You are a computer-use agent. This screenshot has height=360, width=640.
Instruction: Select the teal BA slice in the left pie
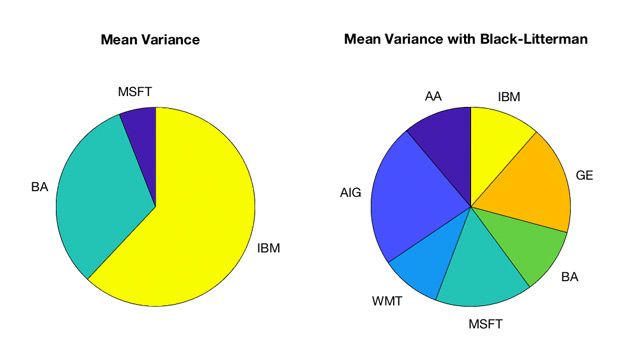[x=100, y=200]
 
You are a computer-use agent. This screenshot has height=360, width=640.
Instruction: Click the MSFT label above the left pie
[x=135, y=93]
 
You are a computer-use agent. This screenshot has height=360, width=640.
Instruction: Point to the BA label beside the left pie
[x=40, y=186]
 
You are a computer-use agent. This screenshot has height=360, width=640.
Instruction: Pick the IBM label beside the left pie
[x=270, y=246]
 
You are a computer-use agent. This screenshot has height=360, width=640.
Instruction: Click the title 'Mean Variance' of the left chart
[x=150, y=41]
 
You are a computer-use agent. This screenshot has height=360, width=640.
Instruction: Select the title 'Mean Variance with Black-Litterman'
[x=466, y=41]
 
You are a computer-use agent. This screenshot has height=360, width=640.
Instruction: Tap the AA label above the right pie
[x=433, y=97]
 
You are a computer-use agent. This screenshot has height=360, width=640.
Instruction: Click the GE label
[x=585, y=174]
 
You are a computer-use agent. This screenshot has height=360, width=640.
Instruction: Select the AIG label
[x=351, y=191]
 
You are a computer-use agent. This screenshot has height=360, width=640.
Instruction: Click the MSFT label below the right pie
[x=487, y=323]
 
